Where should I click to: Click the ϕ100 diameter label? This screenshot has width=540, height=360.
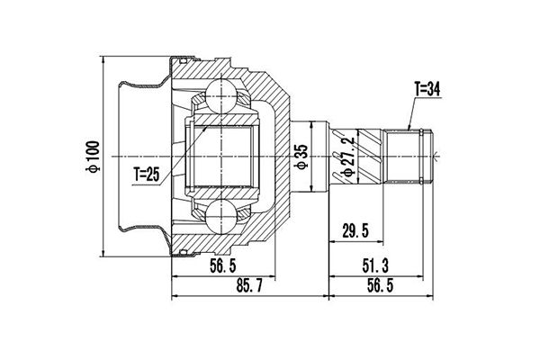point(94,157)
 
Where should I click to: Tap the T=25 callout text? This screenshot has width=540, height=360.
point(147,175)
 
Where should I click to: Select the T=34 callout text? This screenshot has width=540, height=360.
point(427,90)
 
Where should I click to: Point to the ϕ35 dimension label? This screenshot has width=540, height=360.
point(301,157)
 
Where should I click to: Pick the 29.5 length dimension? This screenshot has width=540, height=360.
point(355,230)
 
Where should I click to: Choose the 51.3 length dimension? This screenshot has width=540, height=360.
point(375,266)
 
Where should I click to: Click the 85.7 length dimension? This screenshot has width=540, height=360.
point(249,285)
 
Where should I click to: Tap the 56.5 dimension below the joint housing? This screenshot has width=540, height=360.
point(223,266)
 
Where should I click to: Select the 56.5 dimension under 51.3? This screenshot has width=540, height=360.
point(380,285)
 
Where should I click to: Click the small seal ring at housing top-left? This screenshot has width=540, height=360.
point(184,61)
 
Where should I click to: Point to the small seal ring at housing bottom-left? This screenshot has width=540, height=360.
point(184,253)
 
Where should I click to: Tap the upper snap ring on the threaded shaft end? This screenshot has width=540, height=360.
point(421,132)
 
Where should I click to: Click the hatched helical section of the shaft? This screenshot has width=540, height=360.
point(370,157)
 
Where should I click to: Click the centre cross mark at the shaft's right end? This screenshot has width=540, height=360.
point(435,157)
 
